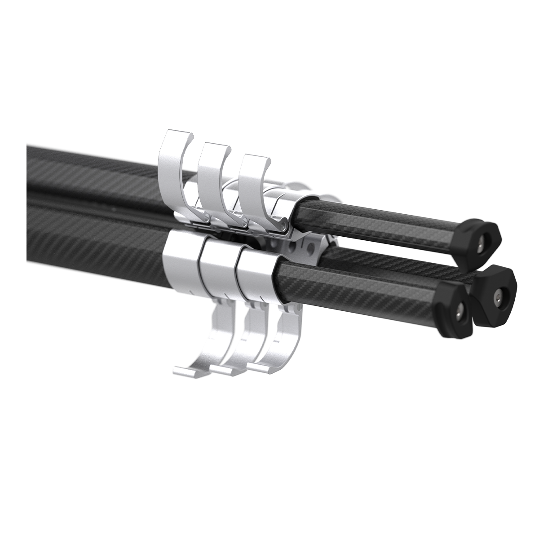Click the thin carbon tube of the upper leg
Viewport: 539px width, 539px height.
(382, 220)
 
